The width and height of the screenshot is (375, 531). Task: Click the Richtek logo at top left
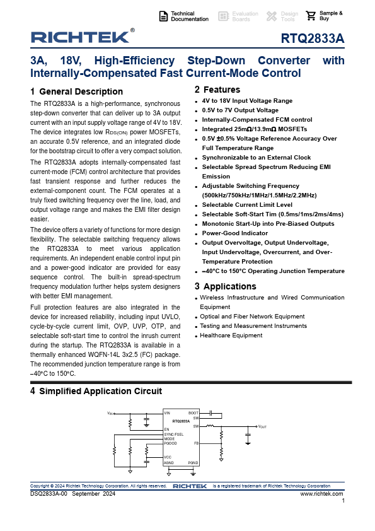[79, 37]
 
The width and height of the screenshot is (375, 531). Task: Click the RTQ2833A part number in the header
[313, 39]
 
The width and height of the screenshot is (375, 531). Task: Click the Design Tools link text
[289, 16]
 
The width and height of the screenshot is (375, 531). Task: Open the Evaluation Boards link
[245, 16]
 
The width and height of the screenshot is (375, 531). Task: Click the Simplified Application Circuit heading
[100, 391]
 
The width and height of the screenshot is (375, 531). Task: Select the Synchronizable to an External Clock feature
[256, 157]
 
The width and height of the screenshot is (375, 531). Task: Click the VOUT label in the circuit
[263, 427]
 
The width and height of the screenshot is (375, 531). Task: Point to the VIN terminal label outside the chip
[110, 413]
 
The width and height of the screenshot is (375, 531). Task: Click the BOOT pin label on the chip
[193, 412]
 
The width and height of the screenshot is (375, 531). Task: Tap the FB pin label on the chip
[196, 444]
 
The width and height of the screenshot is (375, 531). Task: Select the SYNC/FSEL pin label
[173, 435]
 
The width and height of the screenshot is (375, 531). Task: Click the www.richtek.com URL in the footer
[321, 494]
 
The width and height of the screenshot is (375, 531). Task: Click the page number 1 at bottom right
[343, 501]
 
